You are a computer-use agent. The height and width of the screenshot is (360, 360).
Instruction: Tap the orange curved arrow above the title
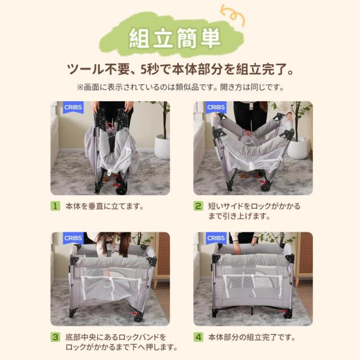click(x=232, y=15)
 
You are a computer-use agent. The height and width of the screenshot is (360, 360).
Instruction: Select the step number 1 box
click(x=55, y=206)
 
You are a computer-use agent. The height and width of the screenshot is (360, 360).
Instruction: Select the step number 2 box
click(x=198, y=206)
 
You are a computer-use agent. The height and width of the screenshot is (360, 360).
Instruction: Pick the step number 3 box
click(x=55, y=337)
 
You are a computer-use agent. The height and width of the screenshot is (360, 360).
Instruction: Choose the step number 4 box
click(x=198, y=337)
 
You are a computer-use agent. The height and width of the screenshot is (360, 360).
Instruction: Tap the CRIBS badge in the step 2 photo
click(x=215, y=107)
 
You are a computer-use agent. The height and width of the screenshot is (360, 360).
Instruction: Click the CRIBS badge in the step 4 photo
click(x=215, y=238)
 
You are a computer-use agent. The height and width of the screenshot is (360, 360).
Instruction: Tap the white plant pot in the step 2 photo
click(x=298, y=147)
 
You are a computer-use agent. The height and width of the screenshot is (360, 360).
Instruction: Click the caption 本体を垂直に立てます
click(x=104, y=206)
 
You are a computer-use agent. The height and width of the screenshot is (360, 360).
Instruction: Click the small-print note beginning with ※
click(x=180, y=87)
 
